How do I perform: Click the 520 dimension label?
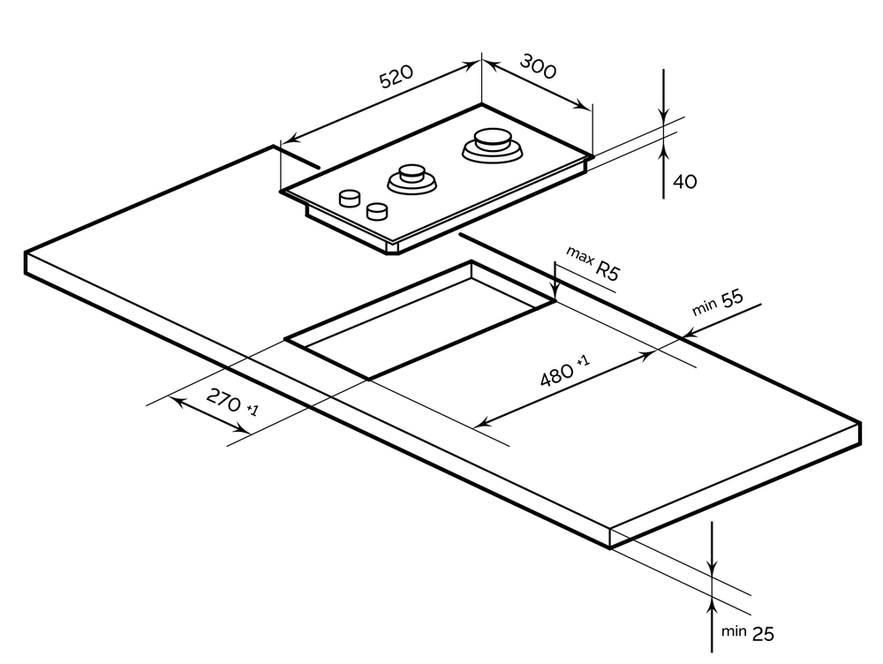click(x=396, y=79)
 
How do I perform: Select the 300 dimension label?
click(x=538, y=67)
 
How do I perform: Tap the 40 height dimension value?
click(x=684, y=182)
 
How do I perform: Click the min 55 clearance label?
click(x=717, y=303)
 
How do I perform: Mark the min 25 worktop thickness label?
click(x=749, y=631)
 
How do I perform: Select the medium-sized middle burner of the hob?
click(x=410, y=177)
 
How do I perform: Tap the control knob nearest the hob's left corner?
click(x=350, y=197)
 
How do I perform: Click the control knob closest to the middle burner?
click(x=377, y=211)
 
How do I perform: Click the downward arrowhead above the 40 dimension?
click(x=663, y=114)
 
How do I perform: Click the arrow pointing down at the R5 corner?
click(x=554, y=295)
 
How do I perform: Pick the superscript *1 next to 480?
click(x=583, y=361)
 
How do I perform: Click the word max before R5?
click(x=577, y=257)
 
